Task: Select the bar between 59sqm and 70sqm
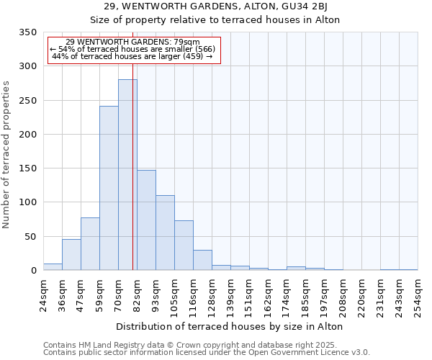tap(109, 189)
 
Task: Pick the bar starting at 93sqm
tap(165, 233)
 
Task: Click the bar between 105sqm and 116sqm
tap(184, 246)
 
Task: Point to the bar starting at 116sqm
tap(202, 261)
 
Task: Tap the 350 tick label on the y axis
tap(27, 32)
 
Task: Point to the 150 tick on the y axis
tap(27, 168)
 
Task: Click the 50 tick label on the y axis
tap(30, 236)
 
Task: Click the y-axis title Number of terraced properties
tap(7, 154)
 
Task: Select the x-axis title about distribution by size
tap(230, 326)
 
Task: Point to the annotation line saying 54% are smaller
tap(132, 49)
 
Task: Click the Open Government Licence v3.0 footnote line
tap(207, 353)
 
